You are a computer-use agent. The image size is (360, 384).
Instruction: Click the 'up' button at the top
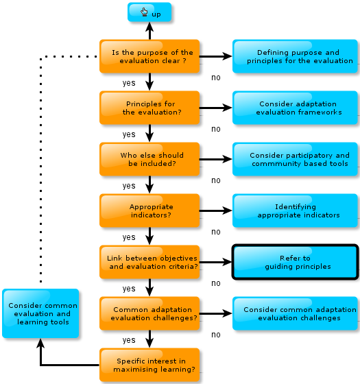click(149, 12)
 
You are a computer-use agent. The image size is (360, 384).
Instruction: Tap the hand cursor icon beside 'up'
click(144, 12)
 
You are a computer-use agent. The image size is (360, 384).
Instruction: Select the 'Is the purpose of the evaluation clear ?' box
click(149, 56)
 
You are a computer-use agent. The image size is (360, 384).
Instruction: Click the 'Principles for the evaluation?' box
click(149, 108)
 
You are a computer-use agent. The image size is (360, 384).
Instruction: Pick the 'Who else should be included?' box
click(149, 159)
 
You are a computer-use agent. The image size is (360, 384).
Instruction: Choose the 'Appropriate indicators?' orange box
click(149, 211)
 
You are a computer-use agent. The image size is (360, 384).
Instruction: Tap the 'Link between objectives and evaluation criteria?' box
click(149, 262)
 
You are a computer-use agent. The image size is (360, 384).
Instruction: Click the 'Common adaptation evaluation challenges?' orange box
click(149, 313)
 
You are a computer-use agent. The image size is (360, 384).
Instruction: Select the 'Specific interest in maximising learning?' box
click(149, 365)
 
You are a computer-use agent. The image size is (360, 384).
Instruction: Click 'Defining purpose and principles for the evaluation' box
click(295, 56)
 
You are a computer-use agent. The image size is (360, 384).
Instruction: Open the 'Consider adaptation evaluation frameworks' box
click(295, 108)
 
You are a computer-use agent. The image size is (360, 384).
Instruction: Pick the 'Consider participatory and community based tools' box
click(295, 159)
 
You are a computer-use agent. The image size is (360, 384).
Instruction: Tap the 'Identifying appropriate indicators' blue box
click(295, 211)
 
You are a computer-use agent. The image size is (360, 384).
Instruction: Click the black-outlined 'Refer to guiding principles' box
click(295, 262)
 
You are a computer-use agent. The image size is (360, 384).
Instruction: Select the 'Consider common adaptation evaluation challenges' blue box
click(295, 313)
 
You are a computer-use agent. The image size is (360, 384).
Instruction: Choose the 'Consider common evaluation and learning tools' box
click(40, 313)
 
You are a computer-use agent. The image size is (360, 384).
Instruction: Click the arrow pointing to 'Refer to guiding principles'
click(216, 262)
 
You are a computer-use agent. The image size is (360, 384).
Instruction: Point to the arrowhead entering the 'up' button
click(149, 27)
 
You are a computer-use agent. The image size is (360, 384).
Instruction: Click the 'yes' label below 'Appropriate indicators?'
click(129, 237)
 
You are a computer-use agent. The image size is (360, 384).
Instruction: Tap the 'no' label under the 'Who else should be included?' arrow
click(216, 180)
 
